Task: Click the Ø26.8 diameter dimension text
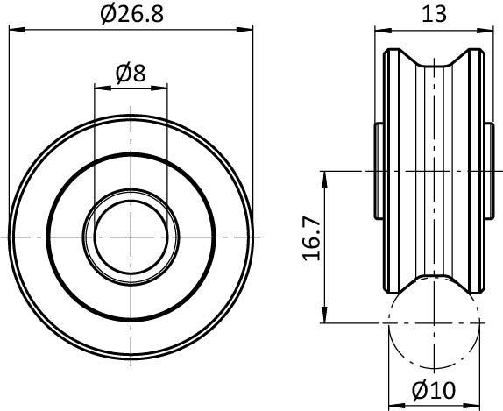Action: coord(131,14)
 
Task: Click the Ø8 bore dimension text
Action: coord(131,74)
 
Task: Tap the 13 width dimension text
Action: coord(434,14)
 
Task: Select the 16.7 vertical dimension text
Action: coord(311,238)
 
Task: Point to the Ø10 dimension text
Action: coord(434,391)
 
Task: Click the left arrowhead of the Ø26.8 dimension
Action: coord(17,30)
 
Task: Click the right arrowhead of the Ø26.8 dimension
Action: coord(244,30)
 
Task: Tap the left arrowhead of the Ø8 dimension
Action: coord(103,88)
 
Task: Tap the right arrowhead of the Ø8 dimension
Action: coord(159,88)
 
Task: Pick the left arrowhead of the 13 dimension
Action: coord(383,31)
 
